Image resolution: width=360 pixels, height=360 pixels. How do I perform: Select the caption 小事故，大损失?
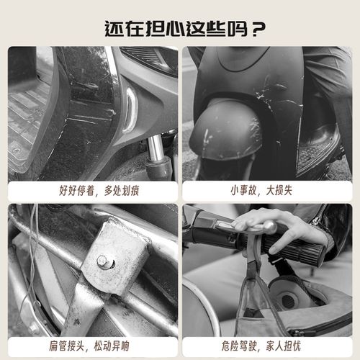pos(266,191)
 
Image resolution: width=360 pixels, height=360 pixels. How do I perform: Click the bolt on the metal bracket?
pos(106,262)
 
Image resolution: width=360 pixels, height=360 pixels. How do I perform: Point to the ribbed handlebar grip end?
pos(306,251)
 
